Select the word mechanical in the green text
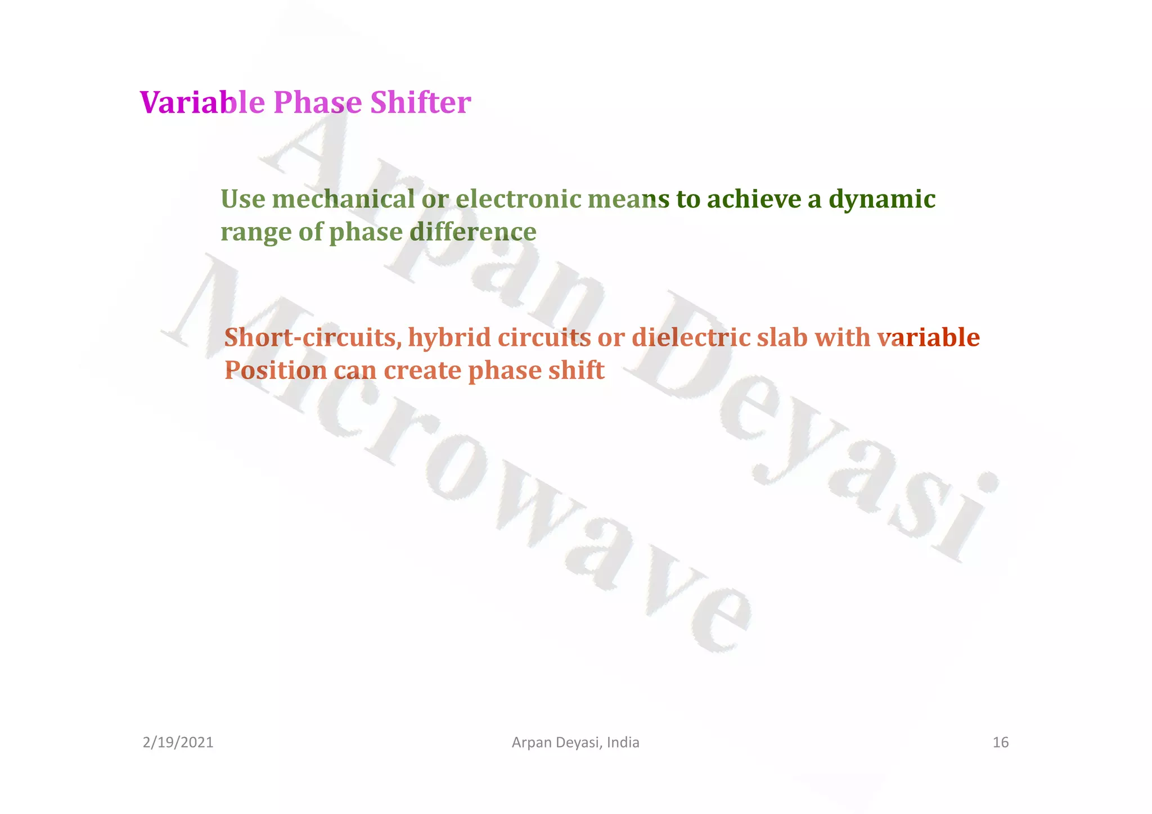click(343, 200)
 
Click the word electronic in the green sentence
click(518, 200)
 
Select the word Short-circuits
click(313, 338)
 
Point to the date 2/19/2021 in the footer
click(178, 743)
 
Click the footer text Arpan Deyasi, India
click(575, 743)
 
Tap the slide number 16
click(1001, 743)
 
